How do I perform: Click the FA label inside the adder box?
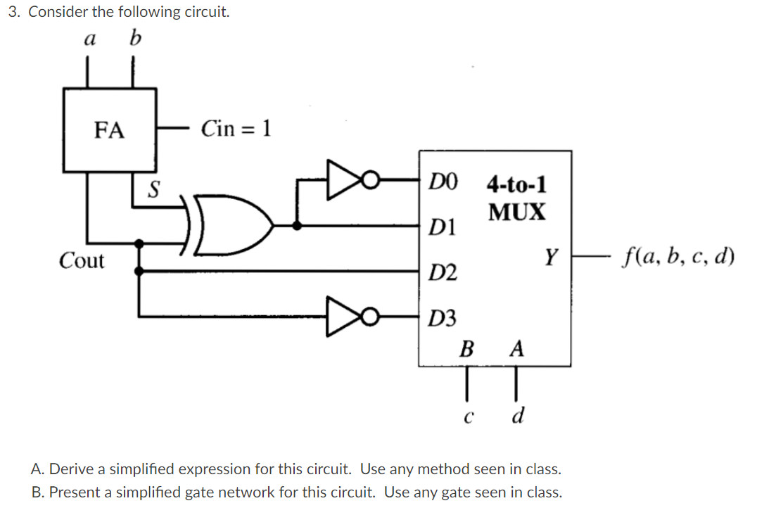click(109, 130)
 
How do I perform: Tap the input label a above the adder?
click(89, 39)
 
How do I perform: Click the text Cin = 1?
click(236, 129)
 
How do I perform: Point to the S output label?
click(153, 189)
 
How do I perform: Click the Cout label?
click(82, 261)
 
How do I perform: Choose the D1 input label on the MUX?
click(443, 227)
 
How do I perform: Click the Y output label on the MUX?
click(552, 258)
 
